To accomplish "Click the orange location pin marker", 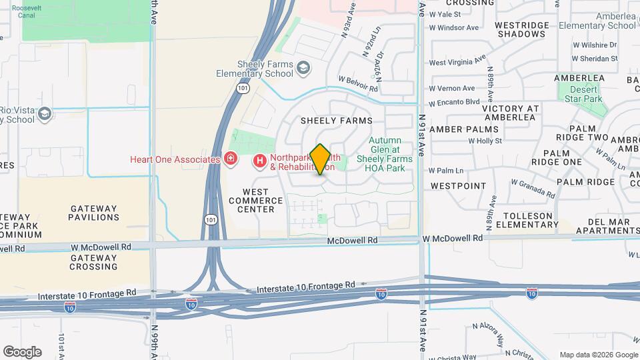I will pos(321,159).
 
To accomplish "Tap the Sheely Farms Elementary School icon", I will pos(304,67).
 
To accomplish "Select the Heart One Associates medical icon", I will pos(231,159).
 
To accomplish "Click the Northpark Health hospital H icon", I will pos(259,161).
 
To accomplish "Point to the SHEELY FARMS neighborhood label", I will pos(336,121).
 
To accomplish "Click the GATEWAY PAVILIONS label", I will pos(94,213).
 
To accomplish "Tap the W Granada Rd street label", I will pos(533,187).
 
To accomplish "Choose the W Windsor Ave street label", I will pos(454,27).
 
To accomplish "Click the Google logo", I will pos(22,351).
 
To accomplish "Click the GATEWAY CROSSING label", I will pos(94,262).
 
